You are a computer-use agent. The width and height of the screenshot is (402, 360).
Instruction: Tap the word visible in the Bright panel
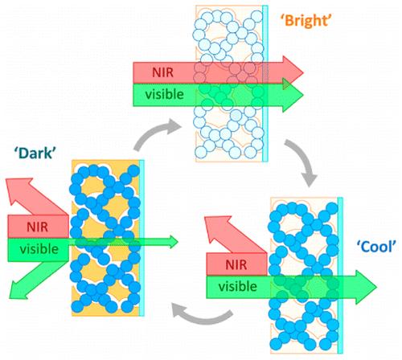pyautogui.click(x=162, y=95)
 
